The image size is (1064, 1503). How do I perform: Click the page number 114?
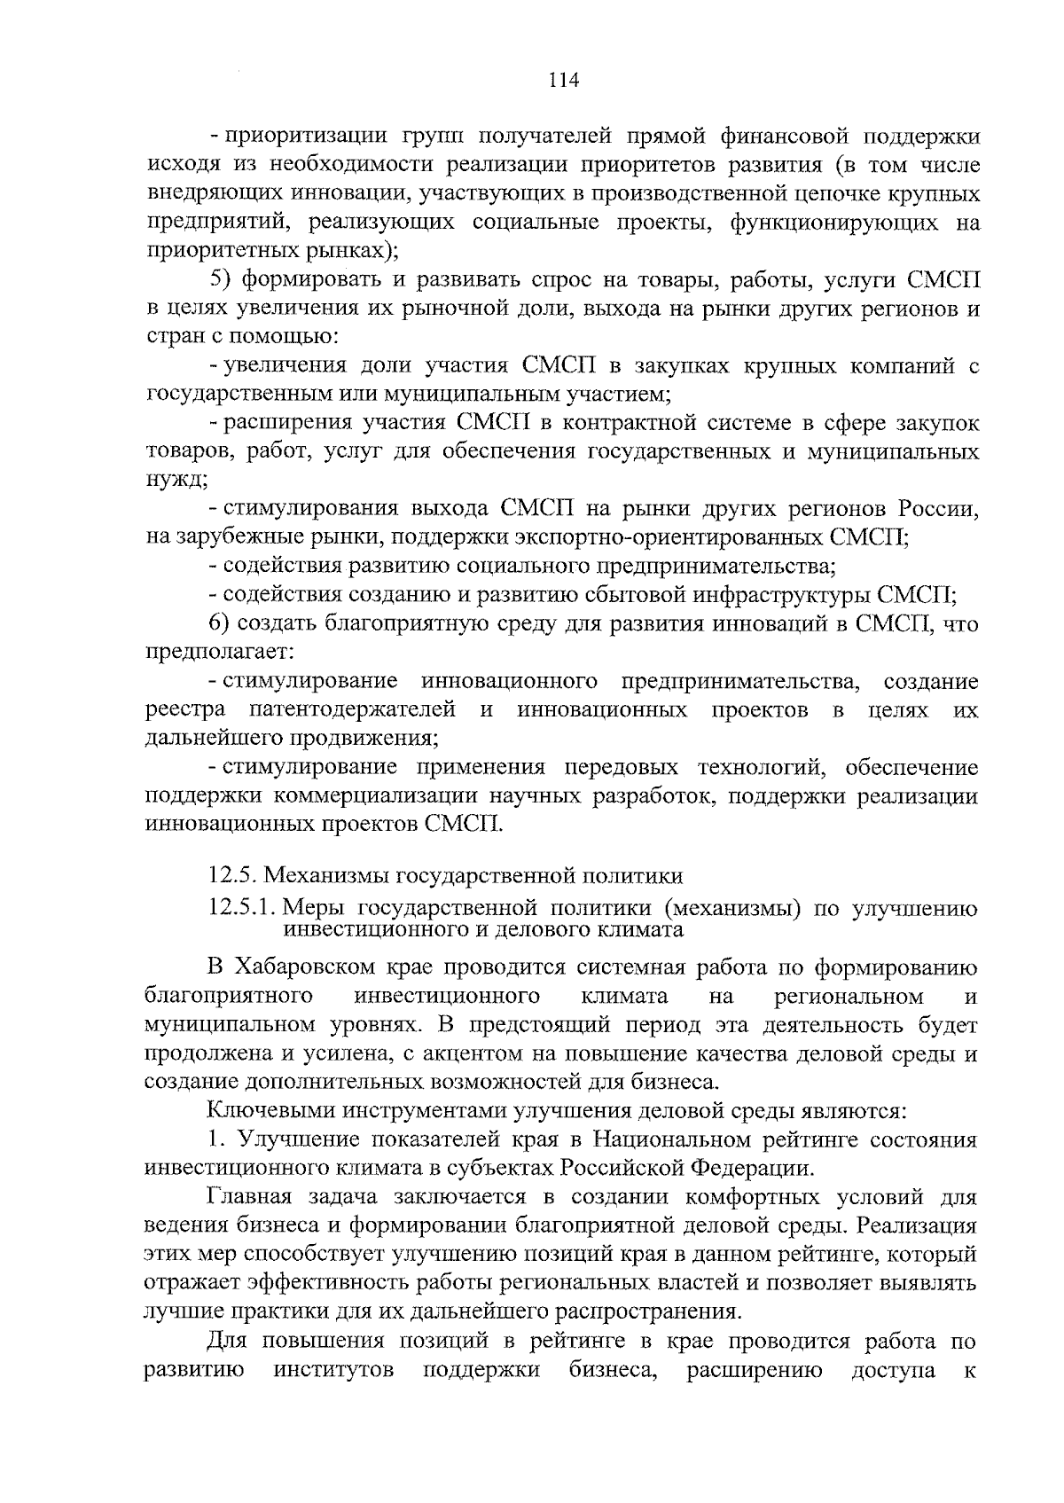tap(563, 81)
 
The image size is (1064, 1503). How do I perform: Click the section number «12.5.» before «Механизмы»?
tap(232, 876)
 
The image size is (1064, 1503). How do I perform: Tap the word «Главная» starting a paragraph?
tap(249, 1197)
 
